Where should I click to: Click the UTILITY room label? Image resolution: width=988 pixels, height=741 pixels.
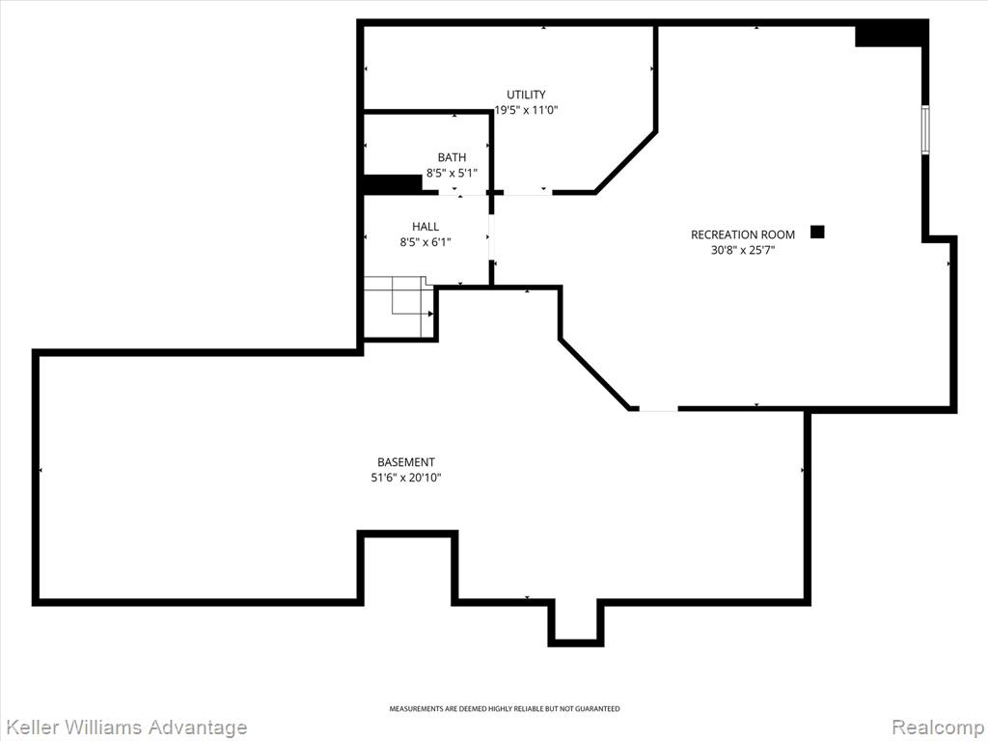point(526,95)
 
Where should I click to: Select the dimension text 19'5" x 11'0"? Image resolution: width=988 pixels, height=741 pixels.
point(526,110)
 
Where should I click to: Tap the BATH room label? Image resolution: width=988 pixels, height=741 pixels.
point(453,157)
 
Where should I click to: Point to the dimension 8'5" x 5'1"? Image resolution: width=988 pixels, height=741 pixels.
point(453,173)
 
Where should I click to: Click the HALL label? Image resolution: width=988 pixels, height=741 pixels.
point(425,226)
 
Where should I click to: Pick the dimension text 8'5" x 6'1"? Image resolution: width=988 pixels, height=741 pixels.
point(425,242)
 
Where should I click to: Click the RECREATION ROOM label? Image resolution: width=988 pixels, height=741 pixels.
point(743,234)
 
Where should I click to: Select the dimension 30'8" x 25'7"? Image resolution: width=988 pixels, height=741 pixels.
point(743,250)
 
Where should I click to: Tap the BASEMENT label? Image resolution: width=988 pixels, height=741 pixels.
point(406,462)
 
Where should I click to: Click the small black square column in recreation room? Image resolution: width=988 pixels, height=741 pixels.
point(817,232)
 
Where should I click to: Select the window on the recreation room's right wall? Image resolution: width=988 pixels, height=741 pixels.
point(925,130)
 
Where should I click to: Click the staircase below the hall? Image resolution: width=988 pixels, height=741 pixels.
point(398,307)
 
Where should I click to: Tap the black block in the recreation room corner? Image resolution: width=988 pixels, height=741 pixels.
point(890,34)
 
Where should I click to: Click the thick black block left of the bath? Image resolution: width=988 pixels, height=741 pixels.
point(393,184)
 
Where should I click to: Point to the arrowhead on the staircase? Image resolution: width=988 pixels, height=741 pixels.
point(431,314)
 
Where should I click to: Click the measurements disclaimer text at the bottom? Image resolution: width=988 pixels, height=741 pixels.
point(504,709)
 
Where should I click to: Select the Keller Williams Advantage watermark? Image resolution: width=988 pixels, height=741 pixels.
point(124,727)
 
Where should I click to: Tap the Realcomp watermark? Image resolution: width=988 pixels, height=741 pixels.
point(939,727)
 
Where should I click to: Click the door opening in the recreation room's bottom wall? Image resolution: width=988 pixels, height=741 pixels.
point(658,409)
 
